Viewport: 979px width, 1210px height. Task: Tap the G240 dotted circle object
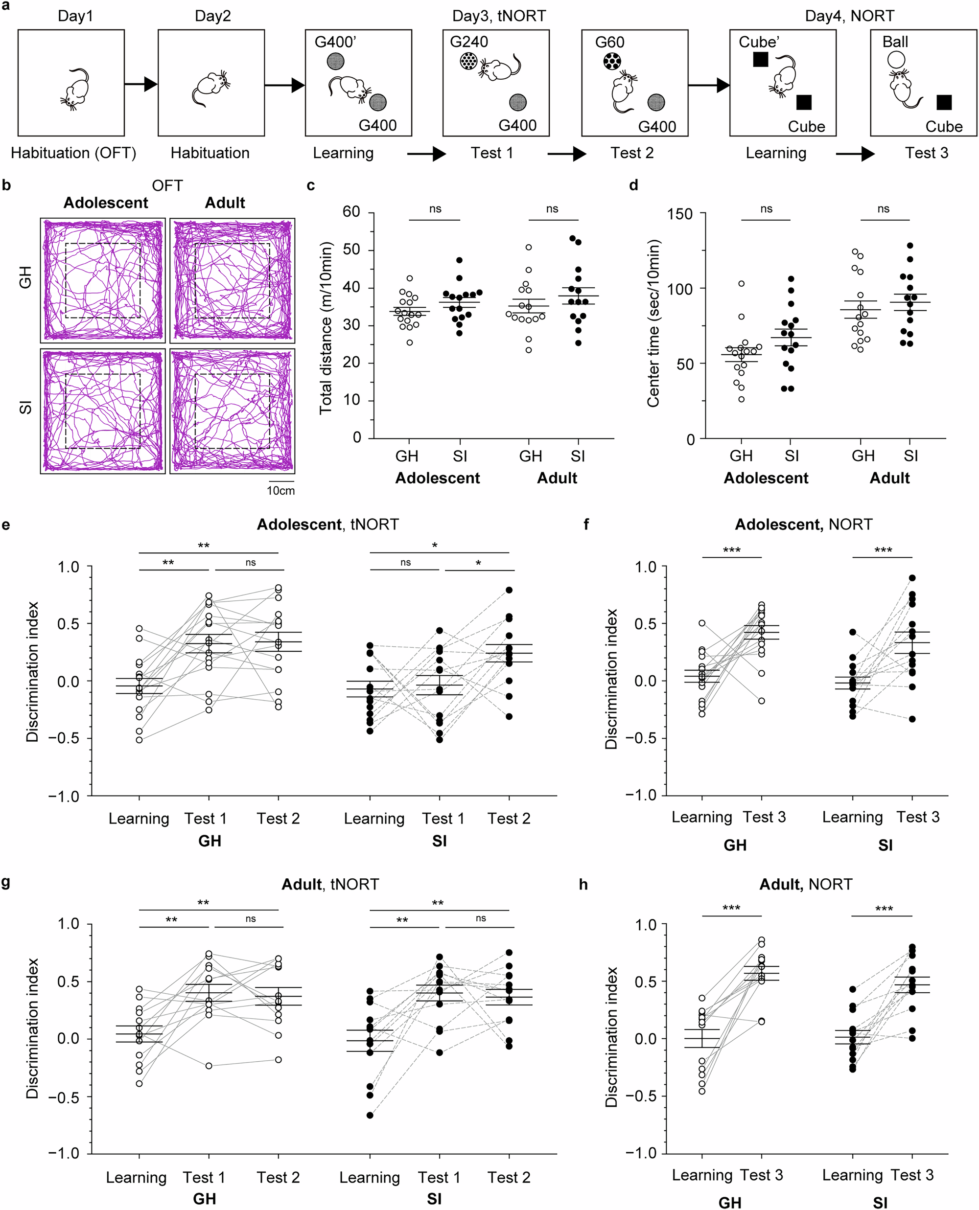tap(468, 61)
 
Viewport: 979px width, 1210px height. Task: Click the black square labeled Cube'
tap(760, 59)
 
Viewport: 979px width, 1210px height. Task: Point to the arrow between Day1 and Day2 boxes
tap(140, 85)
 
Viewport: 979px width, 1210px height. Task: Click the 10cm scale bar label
tap(280, 490)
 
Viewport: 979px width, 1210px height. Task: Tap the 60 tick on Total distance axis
tap(351, 212)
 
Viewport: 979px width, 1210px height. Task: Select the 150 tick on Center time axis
tap(679, 214)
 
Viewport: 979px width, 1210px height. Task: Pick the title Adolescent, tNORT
tap(327, 524)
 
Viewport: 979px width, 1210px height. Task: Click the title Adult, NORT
tap(805, 884)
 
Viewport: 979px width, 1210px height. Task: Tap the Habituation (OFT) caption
tap(73, 153)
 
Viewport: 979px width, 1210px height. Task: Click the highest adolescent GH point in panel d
tap(741, 283)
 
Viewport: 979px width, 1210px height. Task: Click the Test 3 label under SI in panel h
tap(912, 1175)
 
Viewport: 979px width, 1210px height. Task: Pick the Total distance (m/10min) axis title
tap(326, 328)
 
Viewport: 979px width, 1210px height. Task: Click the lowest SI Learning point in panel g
tap(370, 1115)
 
